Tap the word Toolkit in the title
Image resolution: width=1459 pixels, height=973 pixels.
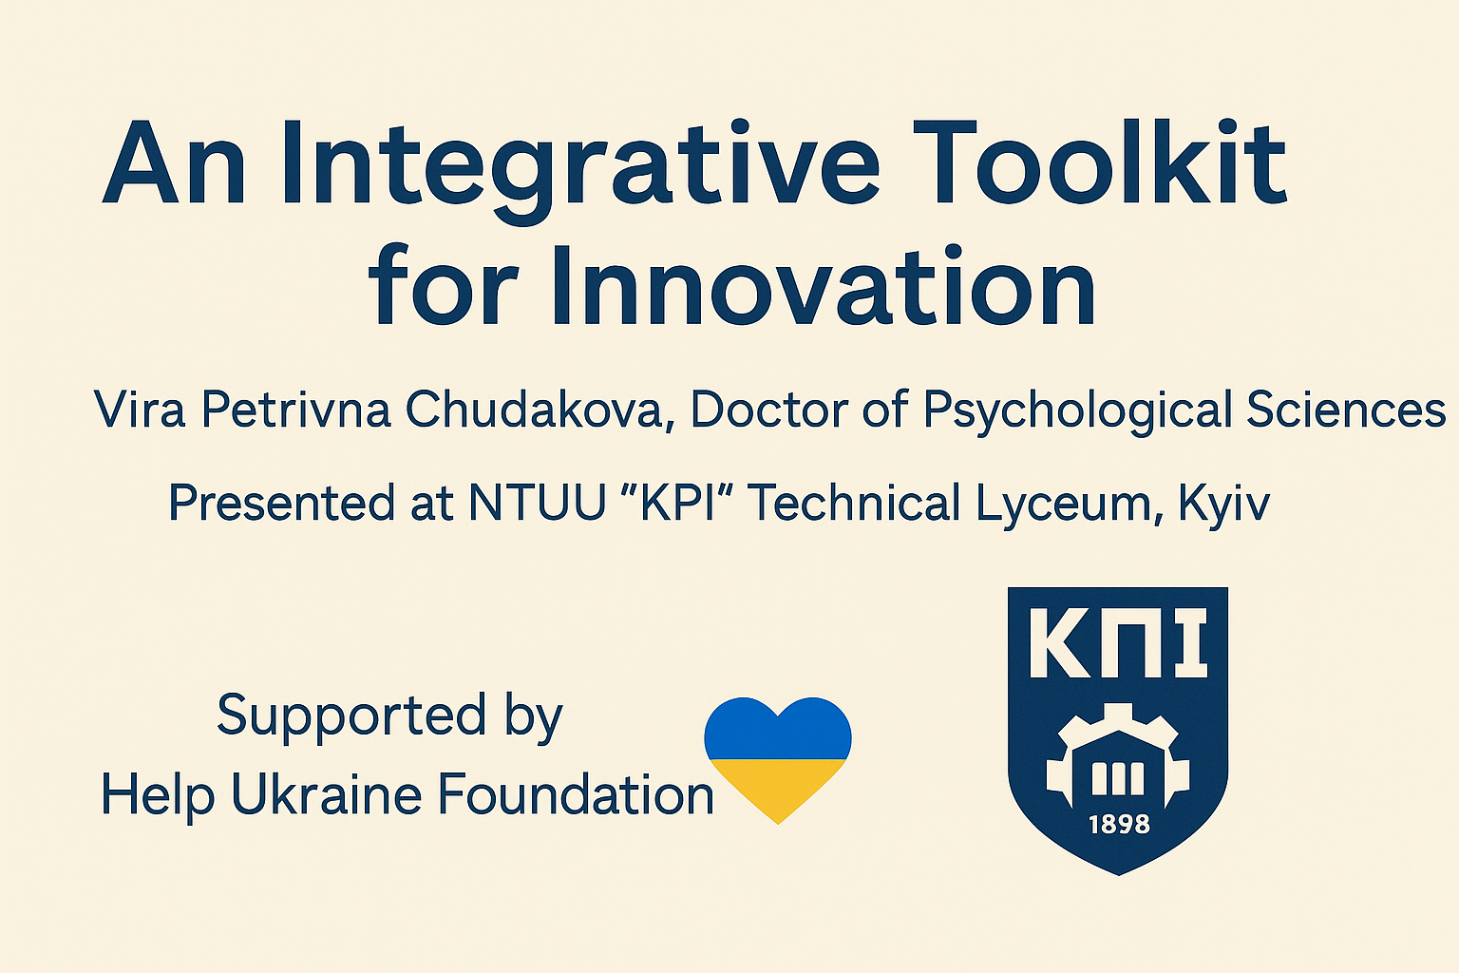coord(1100,162)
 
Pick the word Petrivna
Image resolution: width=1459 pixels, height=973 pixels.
coord(296,409)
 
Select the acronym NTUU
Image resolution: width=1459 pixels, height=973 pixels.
coord(537,502)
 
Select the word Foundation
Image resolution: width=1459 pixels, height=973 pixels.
coord(576,794)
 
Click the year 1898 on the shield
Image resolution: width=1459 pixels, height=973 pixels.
coord(1120,825)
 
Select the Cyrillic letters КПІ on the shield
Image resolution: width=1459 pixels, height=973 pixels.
coord(1118,643)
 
